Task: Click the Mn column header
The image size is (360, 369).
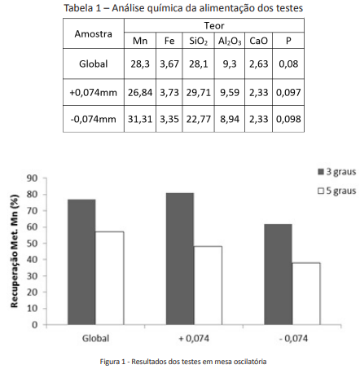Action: pyautogui.click(x=140, y=41)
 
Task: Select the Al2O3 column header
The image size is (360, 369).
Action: pyautogui.click(x=230, y=42)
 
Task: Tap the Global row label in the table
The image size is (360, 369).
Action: pyautogui.click(x=94, y=64)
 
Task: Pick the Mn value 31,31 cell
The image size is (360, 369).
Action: pyautogui.click(x=140, y=119)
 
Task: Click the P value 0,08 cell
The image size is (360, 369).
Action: pyautogui.click(x=288, y=64)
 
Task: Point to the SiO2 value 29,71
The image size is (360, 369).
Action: pyautogui.click(x=199, y=93)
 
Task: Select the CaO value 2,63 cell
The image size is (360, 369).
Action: pyautogui.click(x=259, y=64)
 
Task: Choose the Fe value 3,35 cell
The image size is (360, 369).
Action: pyautogui.click(x=169, y=119)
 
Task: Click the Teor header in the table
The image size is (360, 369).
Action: pyautogui.click(x=214, y=26)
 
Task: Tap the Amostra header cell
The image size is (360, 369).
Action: pyautogui.click(x=94, y=34)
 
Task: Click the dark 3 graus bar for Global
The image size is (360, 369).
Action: pyautogui.click(x=81, y=262)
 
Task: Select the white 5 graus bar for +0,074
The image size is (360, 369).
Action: pyautogui.click(x=208, y=285)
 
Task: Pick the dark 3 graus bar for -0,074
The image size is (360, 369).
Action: pyautogui.click(x=279, y=275)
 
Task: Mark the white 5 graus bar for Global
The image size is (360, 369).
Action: pyautogui.click(x=110, y=278)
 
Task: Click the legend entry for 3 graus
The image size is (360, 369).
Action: pyautogui.click(x=337, y=172)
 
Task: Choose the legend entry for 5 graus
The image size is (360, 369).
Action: pyautogui.click(x=337, y=191)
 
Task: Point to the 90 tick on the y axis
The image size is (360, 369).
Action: pyautogui.click(x=32, y=178)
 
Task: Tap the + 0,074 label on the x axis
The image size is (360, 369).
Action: pyautogui.click(x=194, y=339)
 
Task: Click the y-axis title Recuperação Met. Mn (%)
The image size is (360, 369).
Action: pyautogui.click(x=15, y=251)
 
